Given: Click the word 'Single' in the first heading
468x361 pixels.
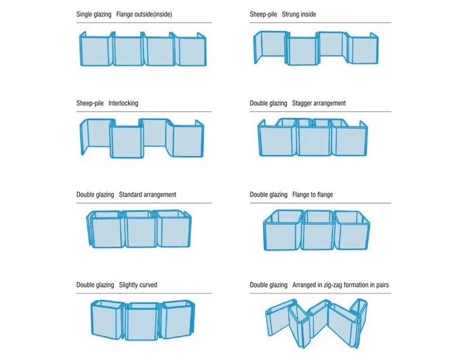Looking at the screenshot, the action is click(85, 14).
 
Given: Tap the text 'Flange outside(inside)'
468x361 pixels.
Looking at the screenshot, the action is click(144, 14).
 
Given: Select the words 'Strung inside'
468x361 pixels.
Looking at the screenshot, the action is click(299, 14).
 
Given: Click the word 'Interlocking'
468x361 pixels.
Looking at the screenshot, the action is click(123, 103).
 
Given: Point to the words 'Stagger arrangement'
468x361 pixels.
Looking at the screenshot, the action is click(319, 103).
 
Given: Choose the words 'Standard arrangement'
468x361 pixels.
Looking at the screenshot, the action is click(147, 194).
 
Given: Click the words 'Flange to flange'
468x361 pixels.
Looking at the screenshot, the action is click(312, 195).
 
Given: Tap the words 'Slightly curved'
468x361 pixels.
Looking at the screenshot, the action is click(138, 284).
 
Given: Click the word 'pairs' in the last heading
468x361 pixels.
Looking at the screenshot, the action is click(383, 285).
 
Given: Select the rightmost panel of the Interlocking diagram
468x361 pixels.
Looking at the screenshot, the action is click(187, 140).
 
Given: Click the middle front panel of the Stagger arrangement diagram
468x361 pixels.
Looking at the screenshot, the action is click(314, 140).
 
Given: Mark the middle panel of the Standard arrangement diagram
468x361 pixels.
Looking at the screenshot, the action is click(139, 230).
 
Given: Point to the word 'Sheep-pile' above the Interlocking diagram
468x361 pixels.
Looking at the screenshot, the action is click(90, 103).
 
